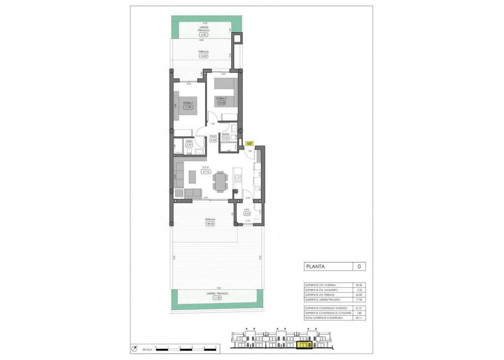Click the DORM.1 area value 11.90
pyautogui.click(x=188, y=107)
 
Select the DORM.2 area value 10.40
pyautogui.click(x=221, y=103)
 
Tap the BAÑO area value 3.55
pyautogui.click(x=226, y=138)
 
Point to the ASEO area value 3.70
pyautogui.click(x=189, y=145)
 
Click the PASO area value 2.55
pyautogui.click(x=213, y=140)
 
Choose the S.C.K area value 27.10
pyautogui.click(x=206, y=172)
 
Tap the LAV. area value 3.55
pyautogui.click(x=248, y=213)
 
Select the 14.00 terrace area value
pyautogui.click(x=203, y=56)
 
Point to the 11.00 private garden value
pyautogui.click(x=217, y=298)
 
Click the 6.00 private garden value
pyautogui.click(x=204, y=35)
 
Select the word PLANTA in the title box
pyautogui.click(x=315, y=267)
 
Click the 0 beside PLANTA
pyautogui.click(x=359, y=267)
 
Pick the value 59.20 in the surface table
pyautogui.click(x=358, y=285)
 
